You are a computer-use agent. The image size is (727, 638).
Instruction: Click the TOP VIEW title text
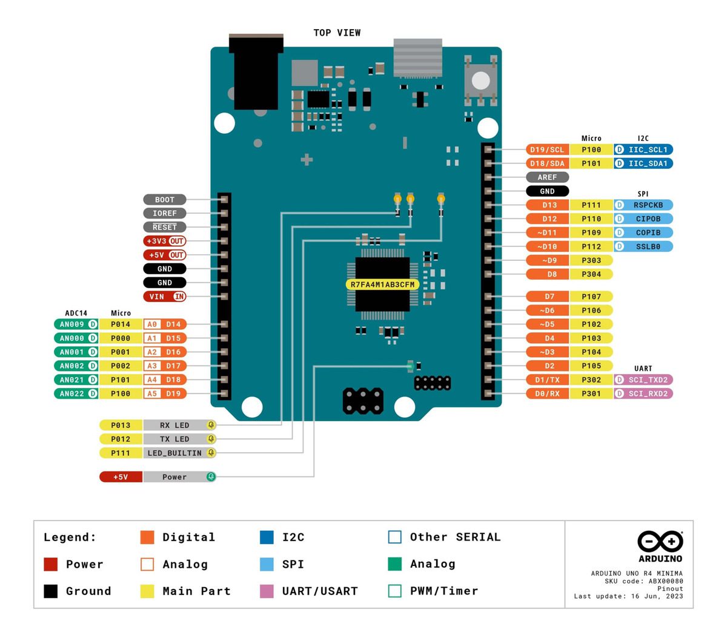[337, 33]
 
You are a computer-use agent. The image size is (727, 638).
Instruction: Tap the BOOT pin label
[164, 200]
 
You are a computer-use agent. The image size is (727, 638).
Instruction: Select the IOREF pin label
[164, 214]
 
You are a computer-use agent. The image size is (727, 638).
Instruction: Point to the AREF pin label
[547, 177]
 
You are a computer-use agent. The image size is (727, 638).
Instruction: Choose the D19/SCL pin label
[547, 150]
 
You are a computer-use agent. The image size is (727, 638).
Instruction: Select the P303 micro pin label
[591, 260]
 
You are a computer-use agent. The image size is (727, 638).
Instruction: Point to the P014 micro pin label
[121, 324]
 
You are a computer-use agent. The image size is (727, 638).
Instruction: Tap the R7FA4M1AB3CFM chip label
[383, 284]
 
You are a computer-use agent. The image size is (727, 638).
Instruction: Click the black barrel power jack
[256, 73]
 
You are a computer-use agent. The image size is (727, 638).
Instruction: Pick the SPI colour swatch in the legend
[267, 564]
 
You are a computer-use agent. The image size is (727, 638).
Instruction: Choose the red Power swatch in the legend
[51, 564]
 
